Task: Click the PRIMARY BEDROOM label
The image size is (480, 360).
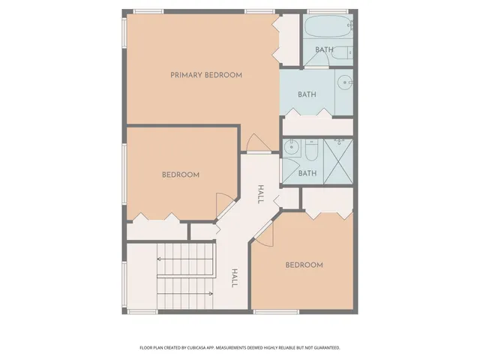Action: (x=205, y=75)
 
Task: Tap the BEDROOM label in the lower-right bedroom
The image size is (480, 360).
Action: (x=304, y=265)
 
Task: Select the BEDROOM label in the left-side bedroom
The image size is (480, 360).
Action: (x=181, y=175)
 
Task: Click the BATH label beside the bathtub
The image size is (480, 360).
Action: (x=324, y=50)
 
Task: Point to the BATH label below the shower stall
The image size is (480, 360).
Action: (x=307, y=173)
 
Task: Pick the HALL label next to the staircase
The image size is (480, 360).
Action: (x=234, y=278)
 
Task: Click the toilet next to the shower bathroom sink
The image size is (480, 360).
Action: (x=310, y=150)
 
